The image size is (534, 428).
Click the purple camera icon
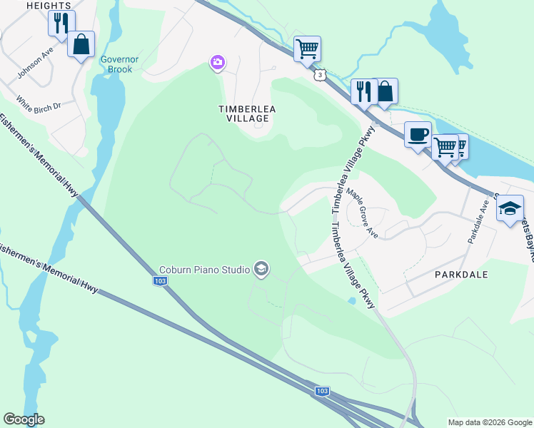coord(217,63)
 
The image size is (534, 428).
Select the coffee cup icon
coord(418,133)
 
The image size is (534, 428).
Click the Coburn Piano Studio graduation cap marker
coord(261,269)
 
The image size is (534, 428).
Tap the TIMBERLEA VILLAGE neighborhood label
coord(246,113)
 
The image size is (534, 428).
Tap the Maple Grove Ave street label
coord(362,213)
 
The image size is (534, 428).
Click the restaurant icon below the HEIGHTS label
coord(61,23)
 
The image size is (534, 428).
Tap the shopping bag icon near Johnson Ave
coord(81,44)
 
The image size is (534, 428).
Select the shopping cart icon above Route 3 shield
coord(307,49)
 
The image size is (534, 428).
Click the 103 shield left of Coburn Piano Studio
coord(161,281)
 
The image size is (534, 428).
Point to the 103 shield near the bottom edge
coord(322,391)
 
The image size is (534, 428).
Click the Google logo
coord(24,419)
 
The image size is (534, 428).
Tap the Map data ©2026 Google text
coord(489,422)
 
